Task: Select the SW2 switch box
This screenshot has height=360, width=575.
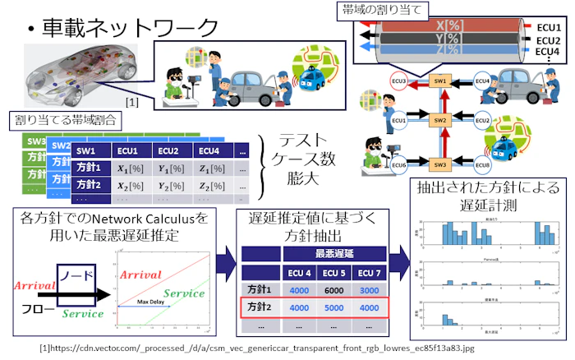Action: pos(439,121)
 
